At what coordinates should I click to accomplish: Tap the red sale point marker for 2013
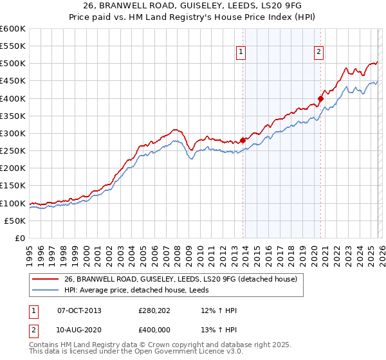pyautogui.click(x=243, y=140)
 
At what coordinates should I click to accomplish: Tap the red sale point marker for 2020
pyautogui.click(x=320, y=98)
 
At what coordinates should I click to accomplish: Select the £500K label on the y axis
pyautogui.click(x=13, y=64)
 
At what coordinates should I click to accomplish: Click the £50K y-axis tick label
pyautogui.click(x=15, y=221)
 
